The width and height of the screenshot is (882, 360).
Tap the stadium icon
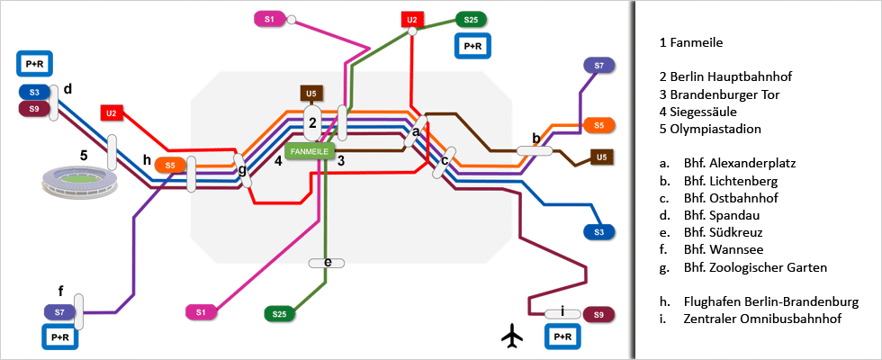pyautogui.click(x=79, y=184)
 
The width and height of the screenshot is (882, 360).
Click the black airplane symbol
pyautogui.click(x=513, y=337)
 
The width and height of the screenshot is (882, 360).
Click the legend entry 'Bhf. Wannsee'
pyautogui.click(x=730, y=250)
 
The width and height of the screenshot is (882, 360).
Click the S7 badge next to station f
pyautogui.click(x=58, y=311)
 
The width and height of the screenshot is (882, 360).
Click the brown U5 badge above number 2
pyautogui.click(x=311, y=94)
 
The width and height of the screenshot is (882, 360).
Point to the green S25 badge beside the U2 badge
pyautogui.click(x=471, y=19)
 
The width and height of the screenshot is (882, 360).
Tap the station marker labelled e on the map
pyautogui.click(x=327, y=263)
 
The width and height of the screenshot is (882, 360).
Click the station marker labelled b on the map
pyautogui.click(x=535, y=151)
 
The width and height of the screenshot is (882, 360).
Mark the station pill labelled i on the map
pyautogui.click(x=562, y=314)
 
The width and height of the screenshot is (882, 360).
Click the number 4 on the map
pyautogui.click(x=279, y=162)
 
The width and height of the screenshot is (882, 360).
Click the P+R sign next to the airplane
pyautogui.click(x=562, y=337)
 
